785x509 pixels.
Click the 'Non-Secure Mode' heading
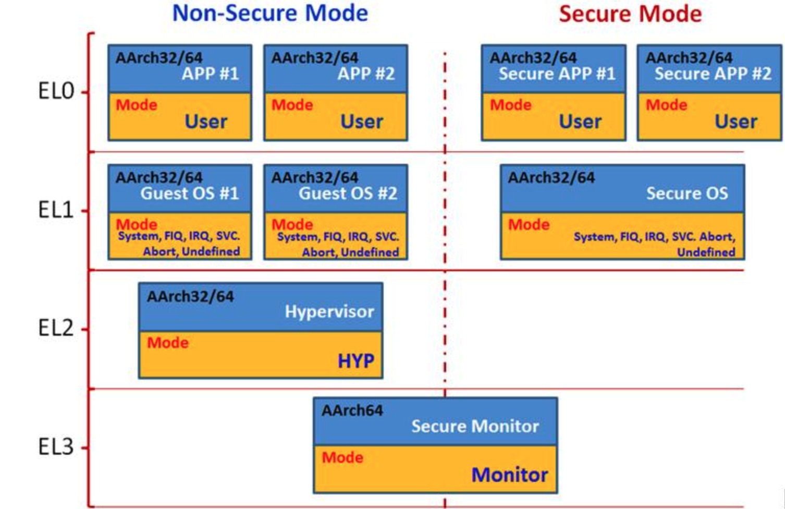click(x=270, y=13)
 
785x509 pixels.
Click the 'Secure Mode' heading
click(x=630, y=14)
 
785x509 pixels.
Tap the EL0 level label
click(x=56, y=91)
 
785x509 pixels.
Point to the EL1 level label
click(x=56, y=210)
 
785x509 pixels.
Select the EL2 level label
click(x=56, y=329)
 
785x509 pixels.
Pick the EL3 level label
click(x=56, y=447)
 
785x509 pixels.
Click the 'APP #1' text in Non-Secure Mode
click(x=210, y=74)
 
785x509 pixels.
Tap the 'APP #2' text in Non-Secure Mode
click(x=366, y=74)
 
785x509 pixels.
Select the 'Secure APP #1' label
click(x=557, y=74)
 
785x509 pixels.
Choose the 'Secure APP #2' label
click(x=713, y=74)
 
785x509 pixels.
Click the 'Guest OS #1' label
click(x=189, y=193)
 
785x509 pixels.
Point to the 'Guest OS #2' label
click(x=348, y=193)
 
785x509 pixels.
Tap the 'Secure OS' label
click(x=687, y=193)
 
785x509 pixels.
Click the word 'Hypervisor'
click(x=329, y=312)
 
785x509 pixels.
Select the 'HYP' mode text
click(x=355, y=361)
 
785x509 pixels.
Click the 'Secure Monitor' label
click(x=475, y=427)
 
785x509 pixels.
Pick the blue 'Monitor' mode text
click(x=509, y=475)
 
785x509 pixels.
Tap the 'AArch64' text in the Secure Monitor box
click(x=352, y=410)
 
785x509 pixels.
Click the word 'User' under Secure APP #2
click(x=735, y=122)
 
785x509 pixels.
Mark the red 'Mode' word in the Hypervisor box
click(x=168, y=343)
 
